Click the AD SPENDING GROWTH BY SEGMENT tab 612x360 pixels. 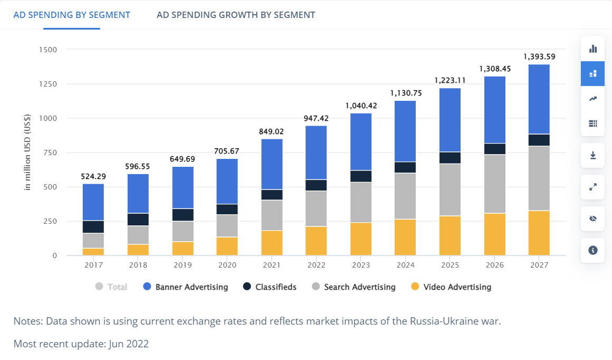tap(236, 15)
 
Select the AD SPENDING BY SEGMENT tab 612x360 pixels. tap(72, 15)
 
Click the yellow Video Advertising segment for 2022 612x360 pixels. tap(316, 241)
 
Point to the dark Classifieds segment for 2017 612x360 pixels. tap(93, 226)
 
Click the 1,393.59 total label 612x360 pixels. tap(539, 56)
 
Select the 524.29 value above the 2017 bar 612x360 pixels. tap(93, 176)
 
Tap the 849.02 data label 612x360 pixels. tap(271, 131)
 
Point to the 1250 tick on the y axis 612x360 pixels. tap(48, 84)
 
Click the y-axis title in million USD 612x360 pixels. tap(27, 153)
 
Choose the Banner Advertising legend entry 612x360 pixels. tap(186, 287)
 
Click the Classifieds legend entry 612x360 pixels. tap(270, 287)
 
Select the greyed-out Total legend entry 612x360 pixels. tap(111, 287)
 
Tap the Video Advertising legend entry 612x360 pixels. tap(451, 287)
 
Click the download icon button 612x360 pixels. tap(592, 155)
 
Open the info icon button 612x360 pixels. tap(592, 250)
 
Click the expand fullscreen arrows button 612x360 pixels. tap(592, 187)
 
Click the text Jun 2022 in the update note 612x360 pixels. tap(129, 344)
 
